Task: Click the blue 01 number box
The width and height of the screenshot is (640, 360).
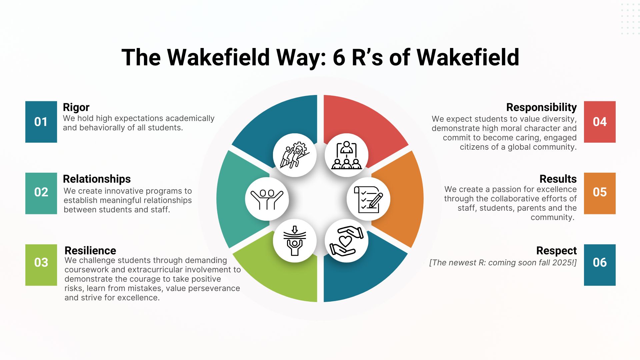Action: pos(41,122)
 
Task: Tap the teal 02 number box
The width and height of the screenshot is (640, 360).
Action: pos(41,193)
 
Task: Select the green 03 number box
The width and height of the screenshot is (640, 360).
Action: pos(41,265)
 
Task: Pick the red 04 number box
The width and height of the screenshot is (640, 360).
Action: pos(599,122)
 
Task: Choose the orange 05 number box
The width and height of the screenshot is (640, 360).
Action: pos(599,193)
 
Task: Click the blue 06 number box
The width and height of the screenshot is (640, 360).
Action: pos(599,265)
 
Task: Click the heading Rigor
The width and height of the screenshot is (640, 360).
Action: pos(76,107)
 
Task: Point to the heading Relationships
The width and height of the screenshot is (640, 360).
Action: pos(97,179)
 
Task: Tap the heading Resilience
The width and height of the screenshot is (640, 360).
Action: pos(90,250)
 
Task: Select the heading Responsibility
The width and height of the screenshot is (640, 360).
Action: pos(541,107)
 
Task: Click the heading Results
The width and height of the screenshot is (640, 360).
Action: pos(558,179)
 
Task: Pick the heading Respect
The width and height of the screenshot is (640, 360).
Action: pos(556,250)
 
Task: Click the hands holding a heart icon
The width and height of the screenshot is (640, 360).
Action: pos(346,241)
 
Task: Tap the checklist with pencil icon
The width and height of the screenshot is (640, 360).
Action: pos(368,199)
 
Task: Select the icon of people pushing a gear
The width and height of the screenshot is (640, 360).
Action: pos(295,155)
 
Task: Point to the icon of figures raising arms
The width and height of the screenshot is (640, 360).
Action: pos(267,199)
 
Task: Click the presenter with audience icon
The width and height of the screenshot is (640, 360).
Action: pos(346,155)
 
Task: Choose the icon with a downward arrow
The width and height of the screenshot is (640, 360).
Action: pos(295,241)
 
